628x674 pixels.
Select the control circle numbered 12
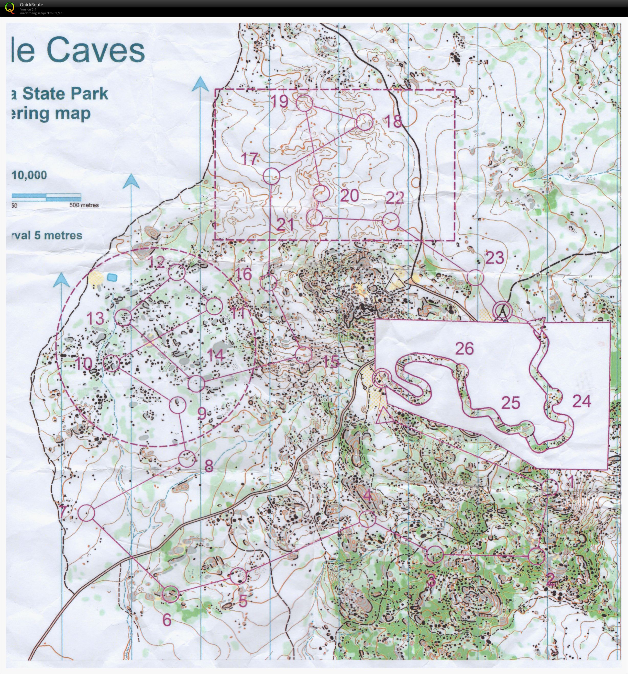click(177, 272)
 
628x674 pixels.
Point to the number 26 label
click(464, 348)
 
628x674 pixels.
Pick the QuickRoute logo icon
click(10, 8)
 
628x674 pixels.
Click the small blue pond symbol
click(112, 277)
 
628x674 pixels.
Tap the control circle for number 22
click(391, 221)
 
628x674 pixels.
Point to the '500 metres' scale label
click(84, 205)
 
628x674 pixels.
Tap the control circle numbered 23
click(475, 277)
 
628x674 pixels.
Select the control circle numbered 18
click(365, 122)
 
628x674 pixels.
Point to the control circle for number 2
click(537, 556)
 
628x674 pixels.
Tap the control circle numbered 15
click(303, 354)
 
